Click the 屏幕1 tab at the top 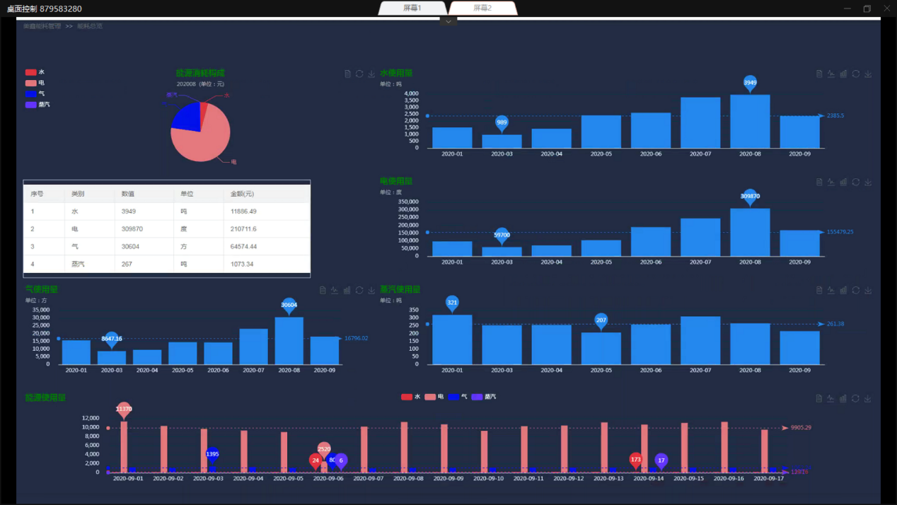pos(412,8)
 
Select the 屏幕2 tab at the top pos(482,8)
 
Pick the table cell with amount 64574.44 pos(243,247)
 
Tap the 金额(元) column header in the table pos(242,194)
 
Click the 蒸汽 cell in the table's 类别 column pos(78,265)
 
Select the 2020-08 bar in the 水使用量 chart pos(750,122)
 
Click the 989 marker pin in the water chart pos(502,122)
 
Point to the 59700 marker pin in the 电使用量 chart pos(502,235)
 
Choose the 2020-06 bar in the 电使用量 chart pos(651,242)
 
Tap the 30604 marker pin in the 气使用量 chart pos(289,305)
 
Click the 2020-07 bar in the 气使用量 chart pos(253,347)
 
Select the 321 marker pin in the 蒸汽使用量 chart pos(452,303)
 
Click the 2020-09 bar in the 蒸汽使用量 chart pos(799,348)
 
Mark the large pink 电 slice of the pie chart pos(205,138)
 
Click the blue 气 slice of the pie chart pos(186,117)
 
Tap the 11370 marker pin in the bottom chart pos(124,409)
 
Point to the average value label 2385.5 pos(835,115)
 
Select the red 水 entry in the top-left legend pos(32,72)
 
